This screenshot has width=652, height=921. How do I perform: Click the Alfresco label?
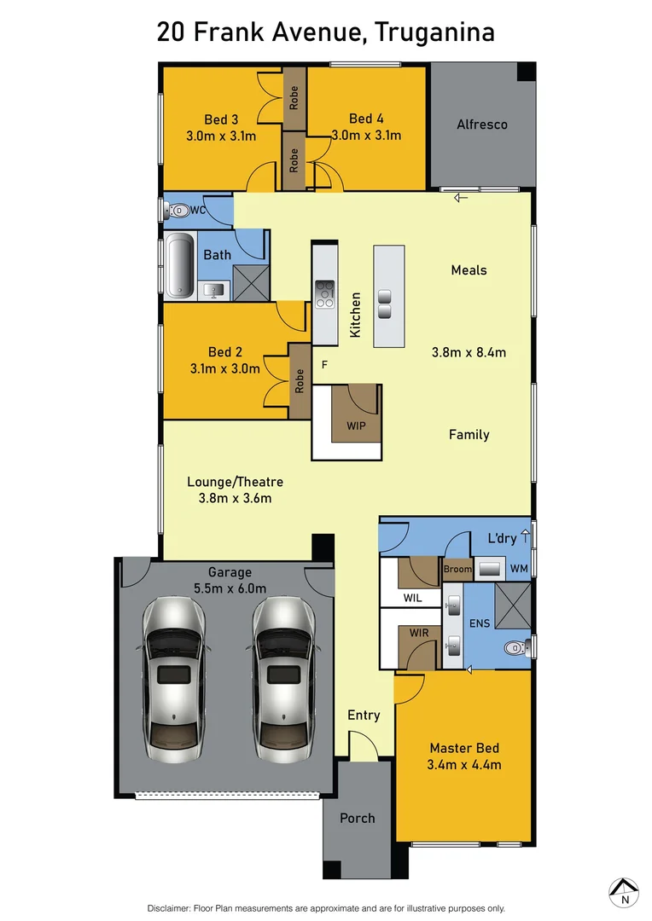(x=481, y=125)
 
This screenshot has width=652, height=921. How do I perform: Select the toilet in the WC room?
(x=177, y=210)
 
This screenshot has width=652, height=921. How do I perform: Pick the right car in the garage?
(x=284, y=673)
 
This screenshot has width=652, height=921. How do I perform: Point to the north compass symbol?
(x=625, y=891)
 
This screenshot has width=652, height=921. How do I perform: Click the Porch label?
(x=357, y=818)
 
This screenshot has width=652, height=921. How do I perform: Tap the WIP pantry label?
(x=356, y=425)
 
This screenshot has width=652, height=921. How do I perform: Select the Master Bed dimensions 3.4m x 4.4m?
(x=464, y=765)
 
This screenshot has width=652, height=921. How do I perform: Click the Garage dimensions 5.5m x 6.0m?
(x=230, y=588)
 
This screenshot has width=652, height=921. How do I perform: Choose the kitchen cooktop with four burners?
(x=325, y=293)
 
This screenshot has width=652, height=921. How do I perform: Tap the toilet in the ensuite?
(x=515, y=649)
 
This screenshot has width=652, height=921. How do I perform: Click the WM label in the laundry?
(x=519, y=568)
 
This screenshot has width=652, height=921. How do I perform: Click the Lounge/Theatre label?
(x=235, y=482)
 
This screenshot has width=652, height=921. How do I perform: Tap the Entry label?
(x=364, y=715)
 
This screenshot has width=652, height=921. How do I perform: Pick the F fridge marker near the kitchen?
(x=324, y=364)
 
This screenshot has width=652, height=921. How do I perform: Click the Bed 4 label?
(x=366, y=118)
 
